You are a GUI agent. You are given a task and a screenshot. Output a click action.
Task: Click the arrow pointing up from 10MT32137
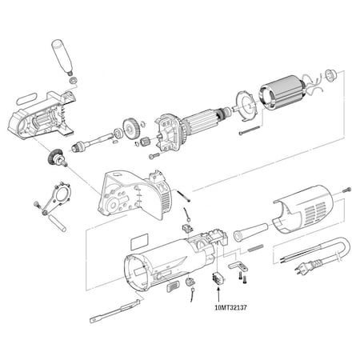tap(216, 293)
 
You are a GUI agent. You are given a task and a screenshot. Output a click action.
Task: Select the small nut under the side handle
tap(72, 79)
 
